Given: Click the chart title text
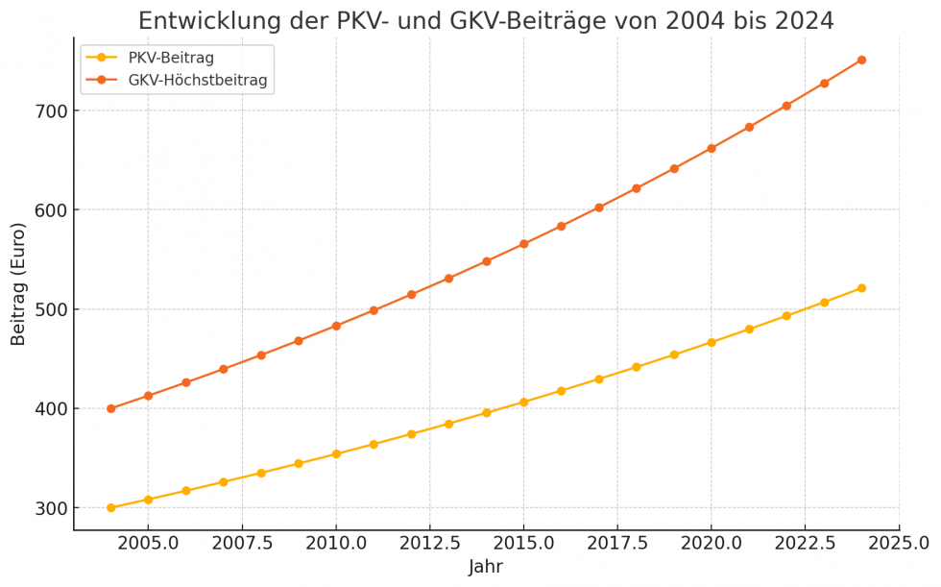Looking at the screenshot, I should tap(486, 21).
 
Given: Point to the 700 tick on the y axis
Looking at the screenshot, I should tap(50, 111).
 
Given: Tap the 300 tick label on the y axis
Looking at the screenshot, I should tap(50, 508).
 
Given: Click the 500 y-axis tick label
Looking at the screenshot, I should tap(50, 309).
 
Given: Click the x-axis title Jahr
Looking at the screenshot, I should tap(486, 567).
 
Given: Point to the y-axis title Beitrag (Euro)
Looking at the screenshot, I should tap(18, 284).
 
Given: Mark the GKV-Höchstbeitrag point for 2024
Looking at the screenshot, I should tap(861, 60).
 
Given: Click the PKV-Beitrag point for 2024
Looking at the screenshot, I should tap(861, 288).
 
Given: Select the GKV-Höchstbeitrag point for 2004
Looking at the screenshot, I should tap(110, 408).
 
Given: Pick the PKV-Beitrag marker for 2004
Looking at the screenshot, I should tap(110, 507).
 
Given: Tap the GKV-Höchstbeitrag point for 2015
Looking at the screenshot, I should tap(523, 244).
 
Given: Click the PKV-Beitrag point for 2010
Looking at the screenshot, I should tap(336, 453).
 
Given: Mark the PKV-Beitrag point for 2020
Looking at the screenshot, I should tap(712, 342).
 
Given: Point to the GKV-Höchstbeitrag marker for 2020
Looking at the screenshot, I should tap(712, 148).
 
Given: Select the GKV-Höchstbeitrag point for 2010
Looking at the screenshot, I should tap(336, 326).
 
